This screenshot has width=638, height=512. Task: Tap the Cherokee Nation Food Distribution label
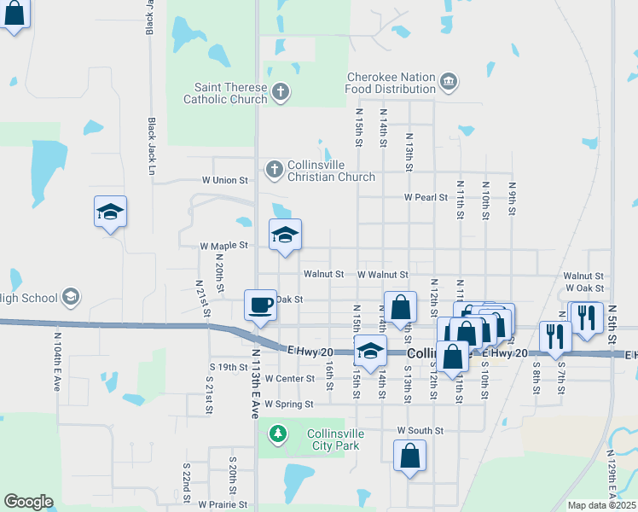(391, 83)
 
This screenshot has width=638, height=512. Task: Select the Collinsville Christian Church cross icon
(274, 169)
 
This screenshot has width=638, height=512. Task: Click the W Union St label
(224, 181)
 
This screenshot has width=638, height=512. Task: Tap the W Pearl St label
(426, 197)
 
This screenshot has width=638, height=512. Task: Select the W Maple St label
(223, 246)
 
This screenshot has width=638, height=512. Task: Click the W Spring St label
(289, 404)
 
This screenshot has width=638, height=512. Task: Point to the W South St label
(420, 431)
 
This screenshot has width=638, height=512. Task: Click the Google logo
(28, 502)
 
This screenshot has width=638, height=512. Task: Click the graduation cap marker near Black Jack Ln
(110, 212)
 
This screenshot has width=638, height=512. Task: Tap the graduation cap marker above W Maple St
(285, 235)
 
